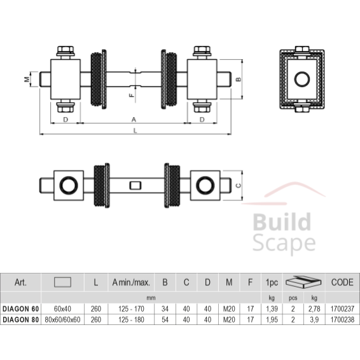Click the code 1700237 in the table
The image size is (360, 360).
342,309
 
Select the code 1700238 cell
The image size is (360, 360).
342,319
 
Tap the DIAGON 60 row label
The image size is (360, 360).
20,309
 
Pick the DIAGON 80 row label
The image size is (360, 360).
20,319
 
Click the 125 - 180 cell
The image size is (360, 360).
131,319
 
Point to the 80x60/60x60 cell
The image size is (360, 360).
62,319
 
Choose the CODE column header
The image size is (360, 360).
342,282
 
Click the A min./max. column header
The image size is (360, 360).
131,282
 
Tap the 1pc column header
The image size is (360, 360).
272,282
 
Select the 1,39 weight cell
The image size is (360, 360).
272,309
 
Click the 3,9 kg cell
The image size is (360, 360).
314,319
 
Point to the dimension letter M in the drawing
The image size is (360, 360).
27,80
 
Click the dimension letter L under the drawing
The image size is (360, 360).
135,130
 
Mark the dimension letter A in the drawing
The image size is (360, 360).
134,120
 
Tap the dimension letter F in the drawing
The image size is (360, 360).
132,95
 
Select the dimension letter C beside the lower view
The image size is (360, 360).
239,185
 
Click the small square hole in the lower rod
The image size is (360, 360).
135,186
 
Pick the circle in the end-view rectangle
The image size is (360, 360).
302,80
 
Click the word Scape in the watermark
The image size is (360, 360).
284,244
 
